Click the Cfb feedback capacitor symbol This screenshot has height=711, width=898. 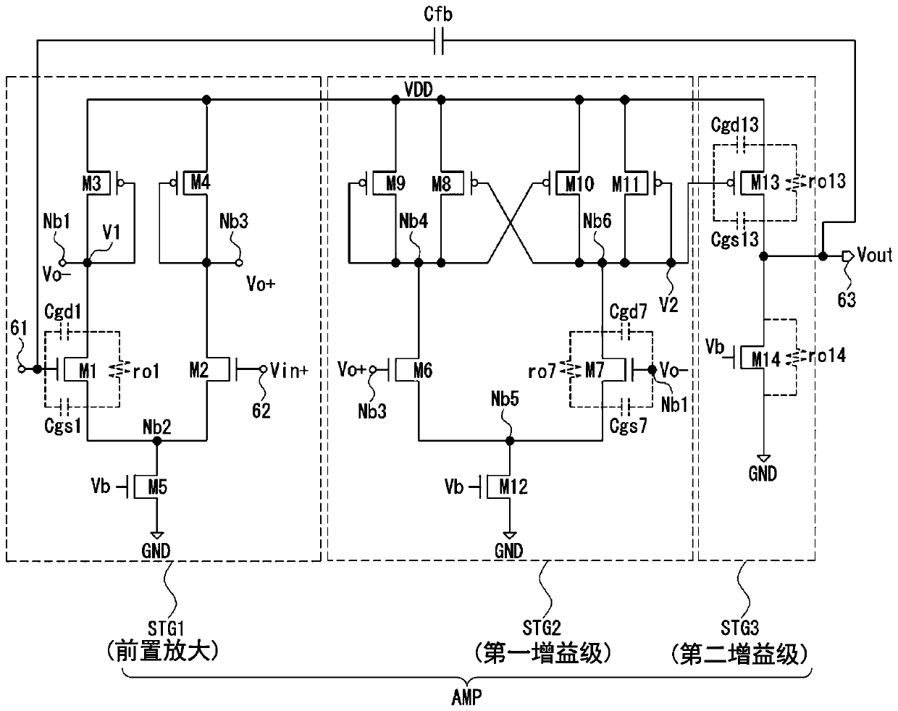(438, 41)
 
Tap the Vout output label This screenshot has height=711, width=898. (874, 255)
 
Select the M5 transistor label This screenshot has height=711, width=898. (158, 487)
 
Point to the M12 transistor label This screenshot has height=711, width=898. (513, 487)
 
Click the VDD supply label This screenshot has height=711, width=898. (419, 90)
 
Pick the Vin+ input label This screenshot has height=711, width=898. (289, 370)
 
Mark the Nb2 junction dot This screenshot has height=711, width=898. (157, 441)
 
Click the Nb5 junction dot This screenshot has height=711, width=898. (510, 441)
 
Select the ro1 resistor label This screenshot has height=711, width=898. (146, 371)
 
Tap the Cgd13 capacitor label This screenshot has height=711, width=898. (734, 125)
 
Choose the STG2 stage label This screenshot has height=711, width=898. (541, 628)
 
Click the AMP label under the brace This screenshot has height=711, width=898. (466, 697)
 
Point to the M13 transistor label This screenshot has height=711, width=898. (765, 182)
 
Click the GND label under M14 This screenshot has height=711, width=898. (763, 474)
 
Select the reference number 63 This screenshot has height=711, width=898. (847, 300)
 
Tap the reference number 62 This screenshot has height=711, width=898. (261, 411)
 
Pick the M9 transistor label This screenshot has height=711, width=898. (395, 183)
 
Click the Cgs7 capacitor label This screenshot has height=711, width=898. (628, 426)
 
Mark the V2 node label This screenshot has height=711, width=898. (668, 305)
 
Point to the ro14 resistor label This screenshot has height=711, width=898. (826, 356)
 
